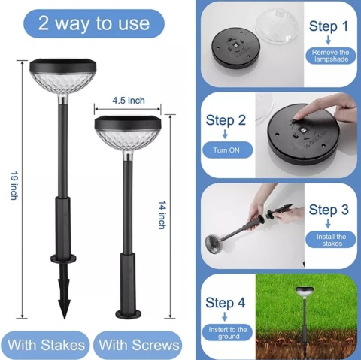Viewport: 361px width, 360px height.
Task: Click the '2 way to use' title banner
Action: tap(94, 23)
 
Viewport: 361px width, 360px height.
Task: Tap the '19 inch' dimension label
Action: tap(14, 186)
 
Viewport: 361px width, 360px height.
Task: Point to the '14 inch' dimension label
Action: tap(162, 215)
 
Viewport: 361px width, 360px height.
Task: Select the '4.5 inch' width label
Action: tap(129, 101)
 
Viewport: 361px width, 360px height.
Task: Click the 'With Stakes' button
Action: tap(46, 345)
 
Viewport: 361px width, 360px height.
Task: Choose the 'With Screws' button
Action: tap(139, 345)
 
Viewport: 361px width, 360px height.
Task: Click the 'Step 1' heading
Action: tap(329, 26)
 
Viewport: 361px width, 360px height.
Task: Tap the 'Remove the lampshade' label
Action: tap(331, 56)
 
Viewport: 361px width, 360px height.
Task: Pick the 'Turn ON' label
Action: tap(226, 150)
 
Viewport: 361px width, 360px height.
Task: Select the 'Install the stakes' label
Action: tap(331, 240)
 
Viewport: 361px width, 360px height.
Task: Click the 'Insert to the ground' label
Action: tap(228, 333)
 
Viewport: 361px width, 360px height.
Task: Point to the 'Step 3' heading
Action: tap(329, 210)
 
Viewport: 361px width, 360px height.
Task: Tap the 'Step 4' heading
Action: tap(225, 302)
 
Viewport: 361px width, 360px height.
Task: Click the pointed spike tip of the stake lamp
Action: tap(65, 318)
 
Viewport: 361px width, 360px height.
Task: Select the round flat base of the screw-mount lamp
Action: tap(129, 314)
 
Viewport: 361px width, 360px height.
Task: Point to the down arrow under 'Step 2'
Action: tap(225, 134)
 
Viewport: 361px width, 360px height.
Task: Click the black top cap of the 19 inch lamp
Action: tap(63, 65)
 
